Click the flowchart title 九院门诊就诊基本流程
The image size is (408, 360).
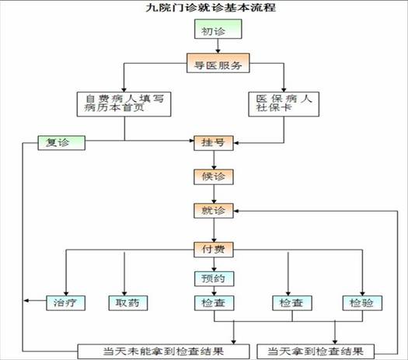(211, 7)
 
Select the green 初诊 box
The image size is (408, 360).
(218, 29)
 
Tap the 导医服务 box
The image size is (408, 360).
(218, 63)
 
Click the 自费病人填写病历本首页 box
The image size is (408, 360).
(124, 104)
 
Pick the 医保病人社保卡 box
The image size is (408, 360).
(284, 104)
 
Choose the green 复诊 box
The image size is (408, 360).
(61, 143)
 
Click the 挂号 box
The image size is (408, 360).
(214, 143)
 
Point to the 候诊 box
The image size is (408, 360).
(214, 177)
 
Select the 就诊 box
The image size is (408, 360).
(214, 211)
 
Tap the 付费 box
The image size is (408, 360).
(214, 250)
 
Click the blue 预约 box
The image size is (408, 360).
(214, 279)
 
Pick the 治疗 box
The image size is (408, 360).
(65, 303)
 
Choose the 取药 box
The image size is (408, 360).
(128, 303)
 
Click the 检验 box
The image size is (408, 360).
(362, 303)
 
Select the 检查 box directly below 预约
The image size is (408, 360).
(214, 303)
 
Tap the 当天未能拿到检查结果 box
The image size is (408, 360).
(164, 351)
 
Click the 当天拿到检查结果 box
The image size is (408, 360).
(316, 351)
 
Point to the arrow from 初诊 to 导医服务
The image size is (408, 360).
(218, 47)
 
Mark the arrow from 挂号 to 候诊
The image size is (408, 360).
(214, 160)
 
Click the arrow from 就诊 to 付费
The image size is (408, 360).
(214, 230)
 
